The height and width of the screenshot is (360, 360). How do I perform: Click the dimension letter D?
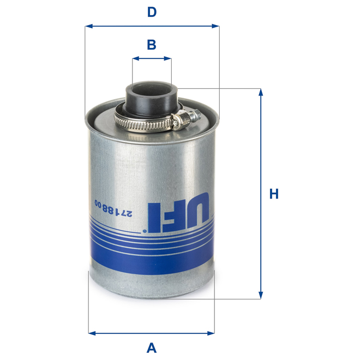point(152,12)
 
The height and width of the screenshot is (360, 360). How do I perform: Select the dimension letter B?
point(152,45)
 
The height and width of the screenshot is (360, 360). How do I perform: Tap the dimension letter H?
point(274,194)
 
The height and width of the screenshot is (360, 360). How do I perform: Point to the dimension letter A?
point(152,347)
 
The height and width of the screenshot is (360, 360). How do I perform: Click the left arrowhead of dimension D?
point(89,26)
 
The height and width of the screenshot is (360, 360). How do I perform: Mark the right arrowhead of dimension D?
point(215,26)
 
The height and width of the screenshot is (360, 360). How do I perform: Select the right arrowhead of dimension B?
point(169,58)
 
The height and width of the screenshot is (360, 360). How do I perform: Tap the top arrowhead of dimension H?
point(261,92)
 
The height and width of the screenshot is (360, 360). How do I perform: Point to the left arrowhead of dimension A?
point(92,332)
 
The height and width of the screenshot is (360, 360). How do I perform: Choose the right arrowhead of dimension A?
point(211,332)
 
